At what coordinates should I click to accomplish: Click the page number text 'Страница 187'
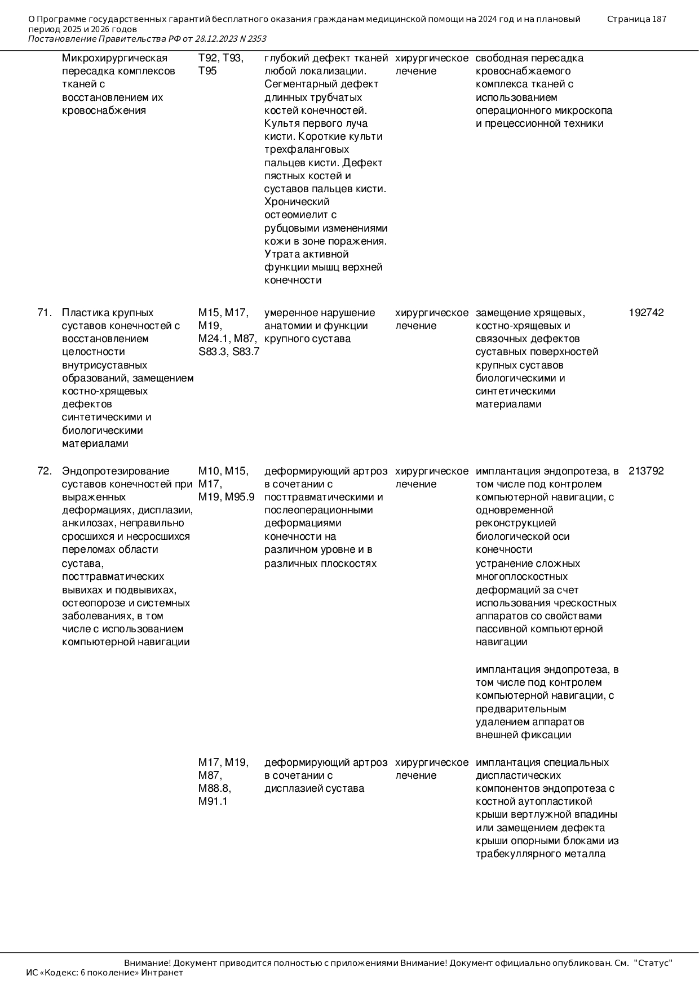tap(636, 19)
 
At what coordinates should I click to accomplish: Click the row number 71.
tap(45, 313)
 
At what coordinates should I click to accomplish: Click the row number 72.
tap(45, 471)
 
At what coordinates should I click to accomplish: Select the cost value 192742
tap(646, 313)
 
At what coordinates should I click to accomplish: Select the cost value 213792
tap(646, 471)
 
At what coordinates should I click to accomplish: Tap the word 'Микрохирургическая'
tap(114, 58)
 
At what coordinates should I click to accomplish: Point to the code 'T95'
tap(207, 71)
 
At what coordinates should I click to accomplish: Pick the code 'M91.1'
tap(213, 801)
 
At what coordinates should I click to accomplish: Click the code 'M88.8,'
tap(215, 788)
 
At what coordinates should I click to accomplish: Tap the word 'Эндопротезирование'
tap(116, 471)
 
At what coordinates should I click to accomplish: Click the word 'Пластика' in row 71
tap(83, 313)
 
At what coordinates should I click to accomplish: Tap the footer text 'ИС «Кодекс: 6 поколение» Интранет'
tap(105, 972)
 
